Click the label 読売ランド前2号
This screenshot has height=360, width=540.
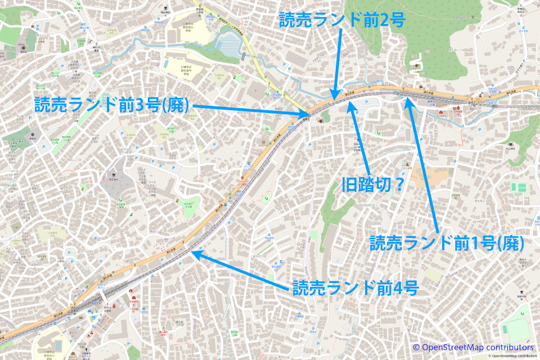point(342,20)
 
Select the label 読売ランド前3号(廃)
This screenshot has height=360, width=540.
point(112,105)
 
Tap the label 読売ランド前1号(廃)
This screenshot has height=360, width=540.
point(447,243)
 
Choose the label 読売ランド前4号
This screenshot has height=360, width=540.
point(355,288)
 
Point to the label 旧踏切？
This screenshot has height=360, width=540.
point(373,184)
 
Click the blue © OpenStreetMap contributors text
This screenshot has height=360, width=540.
point(473,347)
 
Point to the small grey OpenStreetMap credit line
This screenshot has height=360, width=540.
point(512,356)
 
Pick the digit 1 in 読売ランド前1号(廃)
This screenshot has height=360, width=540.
point(474,243)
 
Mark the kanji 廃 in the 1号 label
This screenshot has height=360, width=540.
point(508,243)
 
